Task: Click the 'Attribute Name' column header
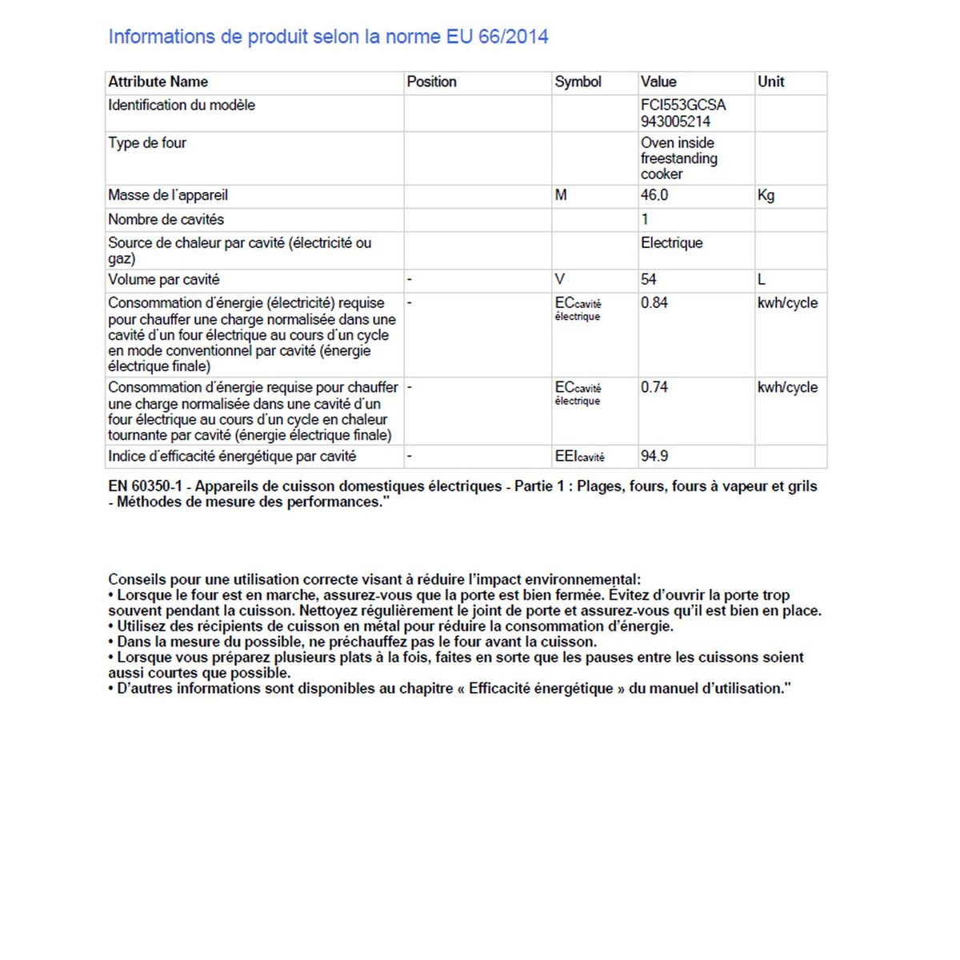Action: click(x=158, y=82)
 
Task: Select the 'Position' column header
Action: click(x=431, y=82)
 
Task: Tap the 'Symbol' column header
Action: click(x=578, y=82)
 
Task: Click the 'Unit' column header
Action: click(x=770, y=82)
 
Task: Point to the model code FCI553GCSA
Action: click(x=683, y=105)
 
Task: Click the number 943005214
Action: click(x=675, y=122)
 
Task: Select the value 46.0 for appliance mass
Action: click(x=654, y=195)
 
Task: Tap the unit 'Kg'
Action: click(x=766, y=195)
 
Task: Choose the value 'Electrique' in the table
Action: click(x=671, y=242)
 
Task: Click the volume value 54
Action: click(x=648, y=279)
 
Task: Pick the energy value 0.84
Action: click(x=654, y=302)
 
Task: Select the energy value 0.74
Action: click(x=654, y=387)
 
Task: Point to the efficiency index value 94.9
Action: click(x=654, y=456)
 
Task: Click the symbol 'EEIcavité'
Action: click(x=579, y=457)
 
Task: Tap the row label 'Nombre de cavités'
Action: click(x=166, y=219)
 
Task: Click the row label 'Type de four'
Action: click(x=147, y=143)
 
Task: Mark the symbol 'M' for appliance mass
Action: click(x=561, y=195)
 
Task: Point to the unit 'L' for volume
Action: click(x=762, y=279)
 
